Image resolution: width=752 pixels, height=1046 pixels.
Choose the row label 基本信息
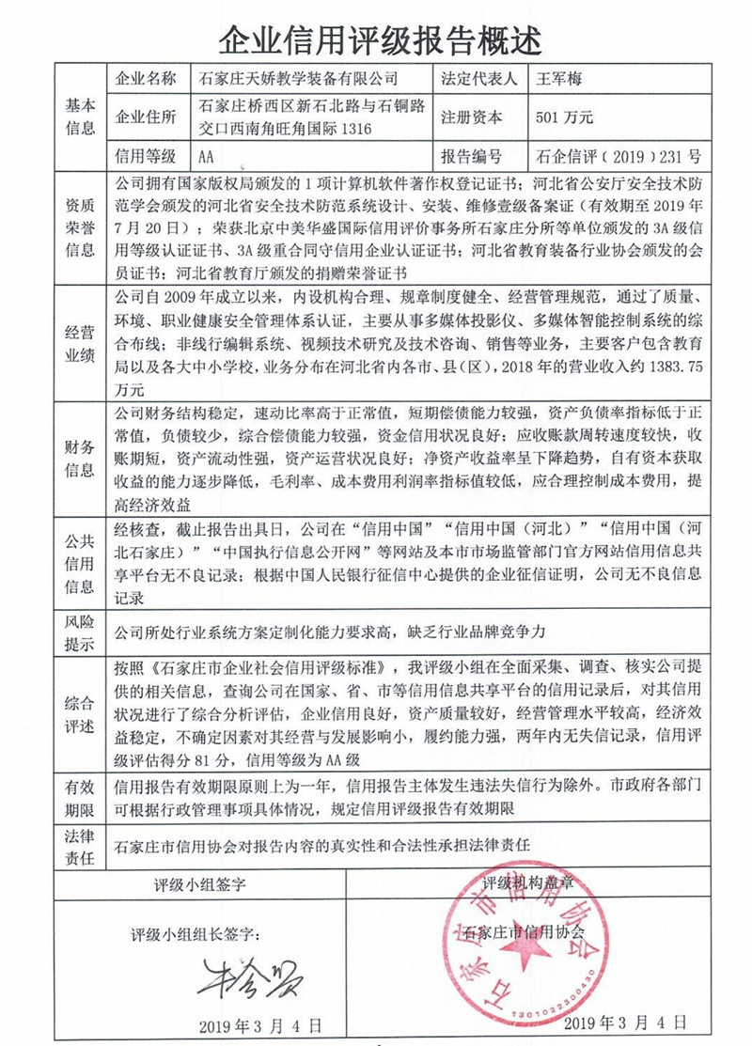80,117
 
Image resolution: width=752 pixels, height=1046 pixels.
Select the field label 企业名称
144,79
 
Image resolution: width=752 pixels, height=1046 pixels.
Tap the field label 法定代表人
478,79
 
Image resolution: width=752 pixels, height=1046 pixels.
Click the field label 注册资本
471,117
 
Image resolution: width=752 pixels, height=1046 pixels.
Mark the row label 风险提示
80,632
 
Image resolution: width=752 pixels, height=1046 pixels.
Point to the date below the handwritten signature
260,1023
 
